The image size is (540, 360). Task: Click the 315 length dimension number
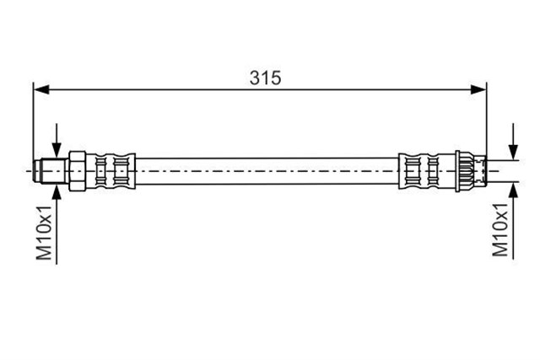coord(265,78)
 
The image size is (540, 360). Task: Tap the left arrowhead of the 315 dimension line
coord(41,90)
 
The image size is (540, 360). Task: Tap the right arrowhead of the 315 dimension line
coord(478,90)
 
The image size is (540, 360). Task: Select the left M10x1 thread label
coord(45,233)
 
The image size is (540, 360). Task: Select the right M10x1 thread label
coord(500,230)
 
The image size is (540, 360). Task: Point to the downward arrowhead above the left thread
coord(57,152)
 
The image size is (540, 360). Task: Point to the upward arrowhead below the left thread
coord(57,191)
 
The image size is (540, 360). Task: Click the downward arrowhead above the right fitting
coord(514,152)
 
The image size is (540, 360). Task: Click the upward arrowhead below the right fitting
coord(514,190)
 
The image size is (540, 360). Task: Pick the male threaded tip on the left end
coord(51,171)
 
